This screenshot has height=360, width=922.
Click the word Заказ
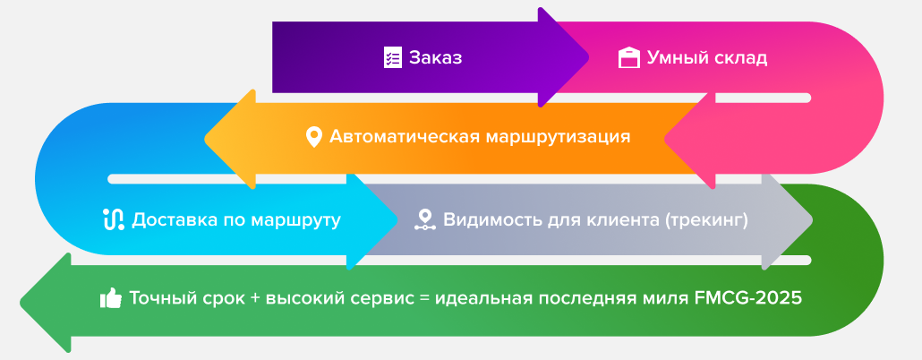click(x=436, y=58)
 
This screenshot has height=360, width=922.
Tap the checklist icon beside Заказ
click(x=393, y=57)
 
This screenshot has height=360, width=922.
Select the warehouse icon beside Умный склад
click(x=629, y=57)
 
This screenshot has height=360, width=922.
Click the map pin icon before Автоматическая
click(x=314, y=137)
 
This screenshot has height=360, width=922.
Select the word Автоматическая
click(x=406, y=137)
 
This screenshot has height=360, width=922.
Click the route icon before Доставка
click(x=114, y=219)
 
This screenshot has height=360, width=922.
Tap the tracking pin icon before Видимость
click(x=424, y=219)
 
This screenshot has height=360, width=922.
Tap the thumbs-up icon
click(x=111, y=298)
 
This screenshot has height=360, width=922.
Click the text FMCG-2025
click(x=748, y=297)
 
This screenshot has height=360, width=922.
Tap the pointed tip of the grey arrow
click(x=812, y=219)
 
